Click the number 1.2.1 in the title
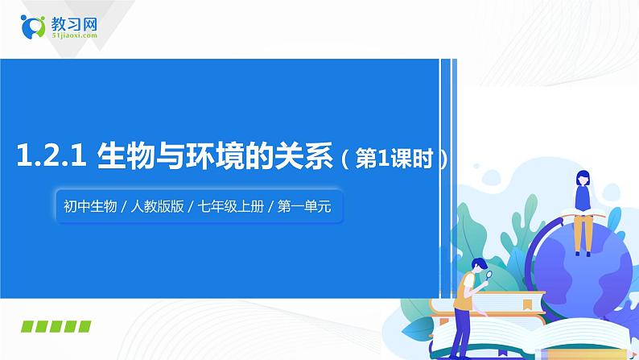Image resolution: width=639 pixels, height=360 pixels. click(51, 156)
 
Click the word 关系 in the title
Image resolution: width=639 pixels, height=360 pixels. click(306, 156)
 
